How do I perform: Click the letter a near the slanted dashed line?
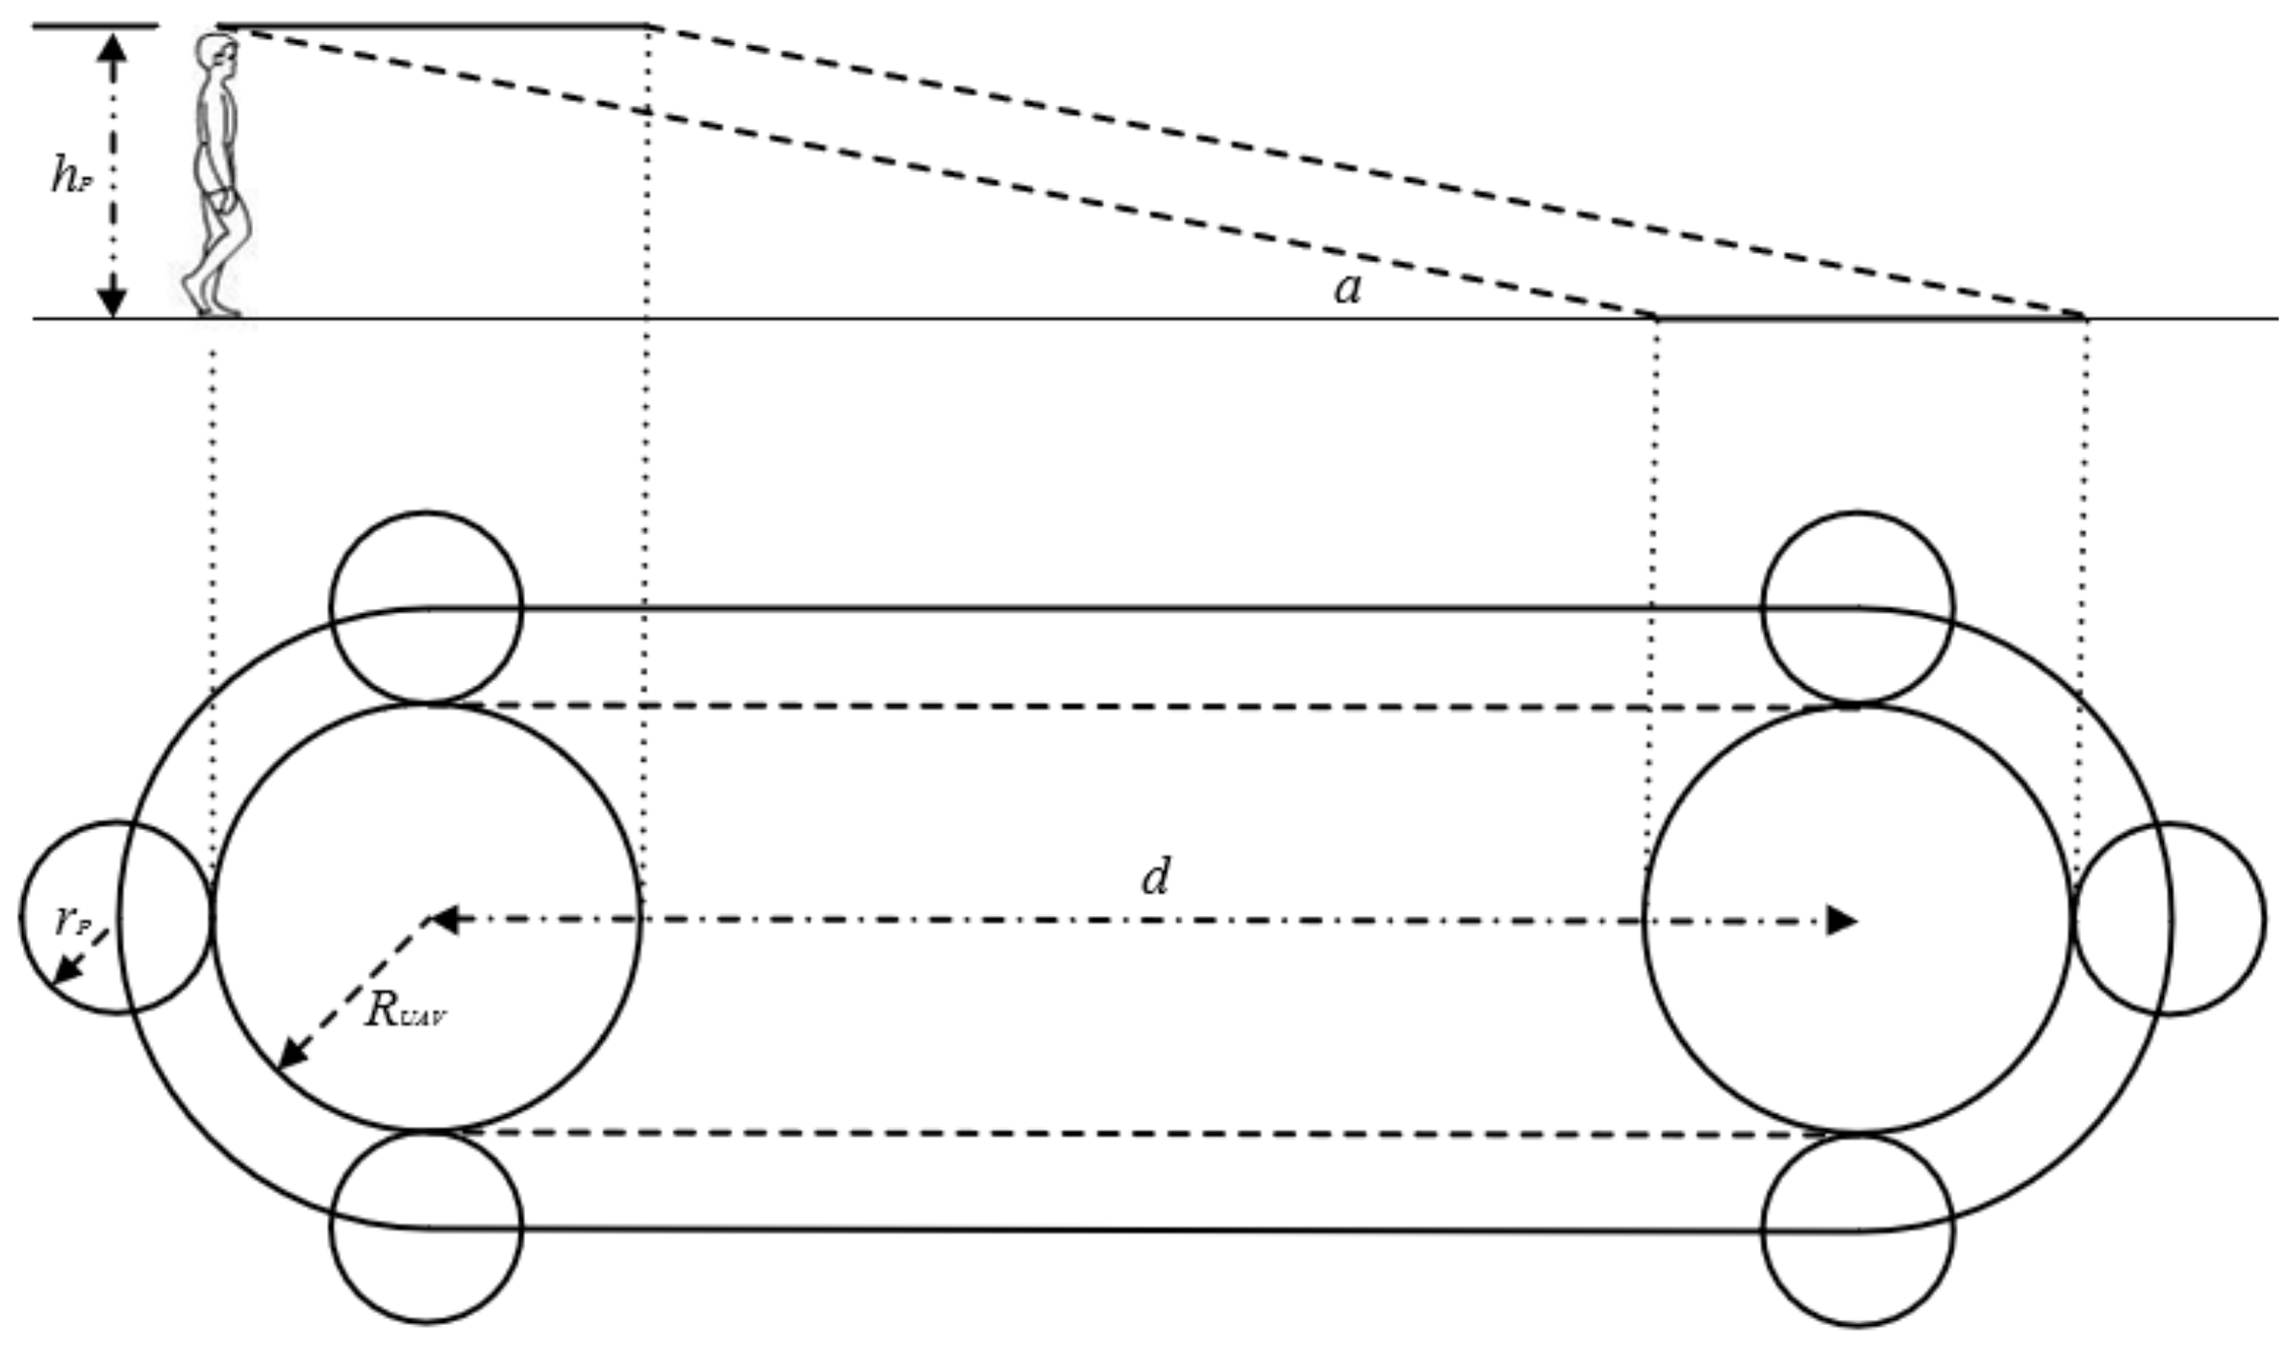(1347, 288)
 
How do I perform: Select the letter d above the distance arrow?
(1155, 877)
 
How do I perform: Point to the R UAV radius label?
(404, 1011)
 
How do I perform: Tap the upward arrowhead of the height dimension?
(113, 48)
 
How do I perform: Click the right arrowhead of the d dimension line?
(1840, 921)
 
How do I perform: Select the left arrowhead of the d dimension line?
(442, 921)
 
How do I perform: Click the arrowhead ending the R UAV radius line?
(289, 1055)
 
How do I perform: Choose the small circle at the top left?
(426, 607)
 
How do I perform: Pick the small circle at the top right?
(1857, 607)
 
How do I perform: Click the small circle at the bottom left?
(426, 1227)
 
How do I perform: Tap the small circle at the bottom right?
(1857, 1231)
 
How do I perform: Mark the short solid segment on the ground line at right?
(1871, 318)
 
